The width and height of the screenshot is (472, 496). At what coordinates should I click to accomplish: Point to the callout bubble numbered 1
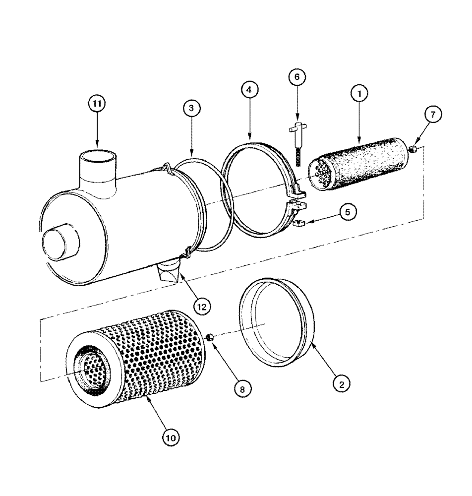[360, 92]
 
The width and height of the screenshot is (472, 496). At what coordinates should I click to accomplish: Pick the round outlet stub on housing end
[59, 246]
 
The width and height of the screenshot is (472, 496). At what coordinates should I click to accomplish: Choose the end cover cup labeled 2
[276, 322]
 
